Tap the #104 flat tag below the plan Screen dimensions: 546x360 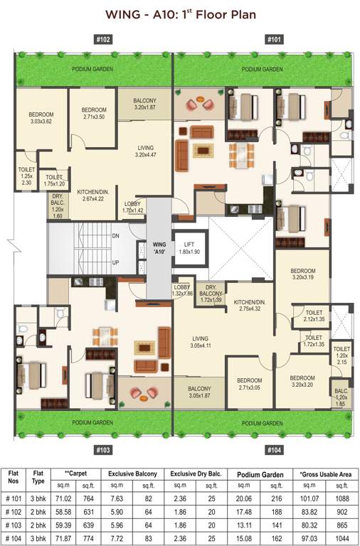click(274, 450)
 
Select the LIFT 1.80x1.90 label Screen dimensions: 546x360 click(189, 247)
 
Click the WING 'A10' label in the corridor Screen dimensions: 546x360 click(159, 248)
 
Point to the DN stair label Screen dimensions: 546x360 click(115, 235)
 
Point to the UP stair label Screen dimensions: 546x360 click(115, 262)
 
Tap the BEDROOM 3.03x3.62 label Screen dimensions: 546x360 click(41, 117)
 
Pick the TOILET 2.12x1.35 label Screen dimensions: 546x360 click(314, 316)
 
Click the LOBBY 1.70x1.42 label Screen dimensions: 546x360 click(134, 208)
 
